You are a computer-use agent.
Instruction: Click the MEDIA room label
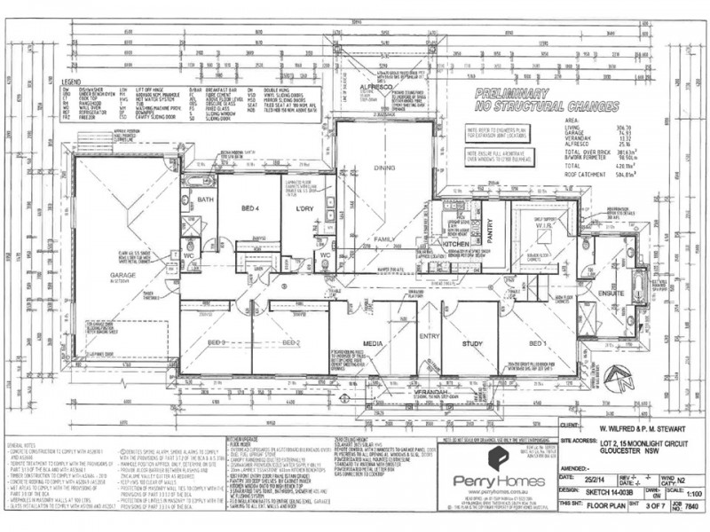pos(373,342)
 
